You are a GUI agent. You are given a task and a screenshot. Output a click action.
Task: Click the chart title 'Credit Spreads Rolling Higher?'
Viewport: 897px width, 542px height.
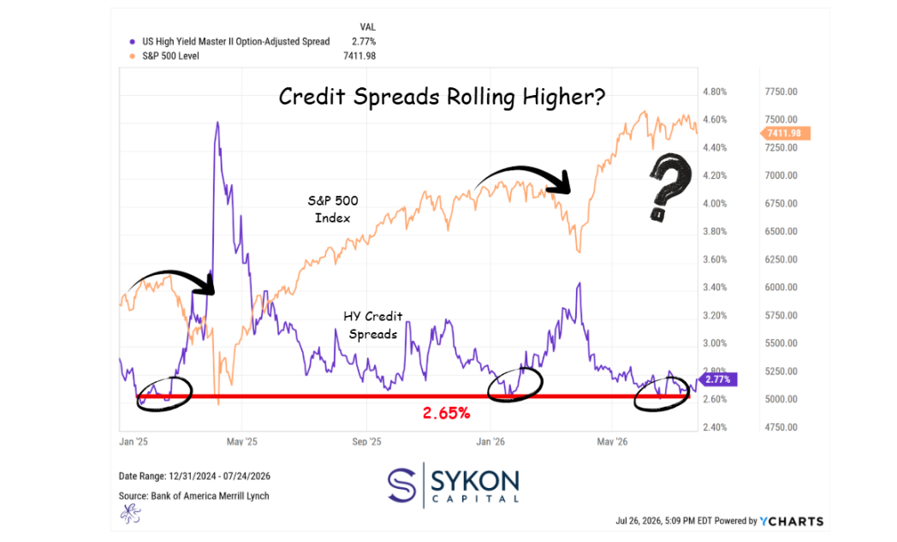442,97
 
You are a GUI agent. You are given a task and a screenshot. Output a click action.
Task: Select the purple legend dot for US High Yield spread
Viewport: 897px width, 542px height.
132,42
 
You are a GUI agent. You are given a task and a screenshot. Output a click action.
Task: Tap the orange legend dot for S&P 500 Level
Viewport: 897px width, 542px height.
132,57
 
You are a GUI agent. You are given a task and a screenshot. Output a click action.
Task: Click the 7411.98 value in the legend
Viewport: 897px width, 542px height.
359,57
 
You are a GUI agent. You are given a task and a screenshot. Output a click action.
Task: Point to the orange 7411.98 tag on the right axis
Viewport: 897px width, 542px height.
785,134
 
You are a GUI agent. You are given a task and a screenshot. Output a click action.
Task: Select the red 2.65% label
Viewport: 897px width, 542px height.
446,413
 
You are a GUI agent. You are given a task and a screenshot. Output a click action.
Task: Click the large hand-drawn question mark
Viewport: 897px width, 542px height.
669,187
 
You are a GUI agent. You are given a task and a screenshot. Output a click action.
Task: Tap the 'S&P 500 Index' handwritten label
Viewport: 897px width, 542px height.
333,209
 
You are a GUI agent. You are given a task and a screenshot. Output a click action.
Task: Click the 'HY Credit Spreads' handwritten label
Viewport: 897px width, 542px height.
373,325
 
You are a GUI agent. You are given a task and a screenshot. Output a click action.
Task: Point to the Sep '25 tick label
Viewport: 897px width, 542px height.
366,441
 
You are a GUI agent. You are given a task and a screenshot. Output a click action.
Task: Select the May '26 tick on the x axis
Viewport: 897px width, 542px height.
612,441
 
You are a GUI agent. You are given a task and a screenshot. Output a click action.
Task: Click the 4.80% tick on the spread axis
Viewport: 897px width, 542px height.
715,92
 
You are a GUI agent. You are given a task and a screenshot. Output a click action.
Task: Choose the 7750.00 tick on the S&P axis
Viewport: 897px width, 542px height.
781,92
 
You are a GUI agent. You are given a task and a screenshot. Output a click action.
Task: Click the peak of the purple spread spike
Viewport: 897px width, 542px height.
217,122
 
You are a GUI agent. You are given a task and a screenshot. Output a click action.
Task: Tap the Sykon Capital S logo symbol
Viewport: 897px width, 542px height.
401,485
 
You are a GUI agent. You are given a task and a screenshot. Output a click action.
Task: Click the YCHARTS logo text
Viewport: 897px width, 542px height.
792,521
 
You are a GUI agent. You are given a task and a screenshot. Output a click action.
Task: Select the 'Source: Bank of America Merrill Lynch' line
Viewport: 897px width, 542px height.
194,496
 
